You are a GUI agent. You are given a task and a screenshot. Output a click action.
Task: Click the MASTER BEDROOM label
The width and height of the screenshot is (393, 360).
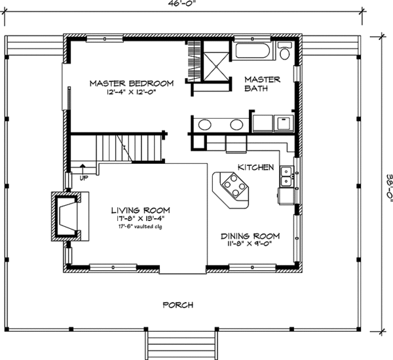coord(131,83)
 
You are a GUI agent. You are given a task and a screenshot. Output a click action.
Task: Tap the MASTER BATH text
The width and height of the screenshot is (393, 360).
coord(262,84)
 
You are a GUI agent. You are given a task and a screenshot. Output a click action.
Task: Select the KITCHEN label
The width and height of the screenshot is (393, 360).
coord(255,168)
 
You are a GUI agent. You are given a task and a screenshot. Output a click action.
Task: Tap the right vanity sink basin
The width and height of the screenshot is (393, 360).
coord(236,124)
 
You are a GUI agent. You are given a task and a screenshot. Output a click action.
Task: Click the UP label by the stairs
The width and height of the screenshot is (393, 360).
coord(83,178)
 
